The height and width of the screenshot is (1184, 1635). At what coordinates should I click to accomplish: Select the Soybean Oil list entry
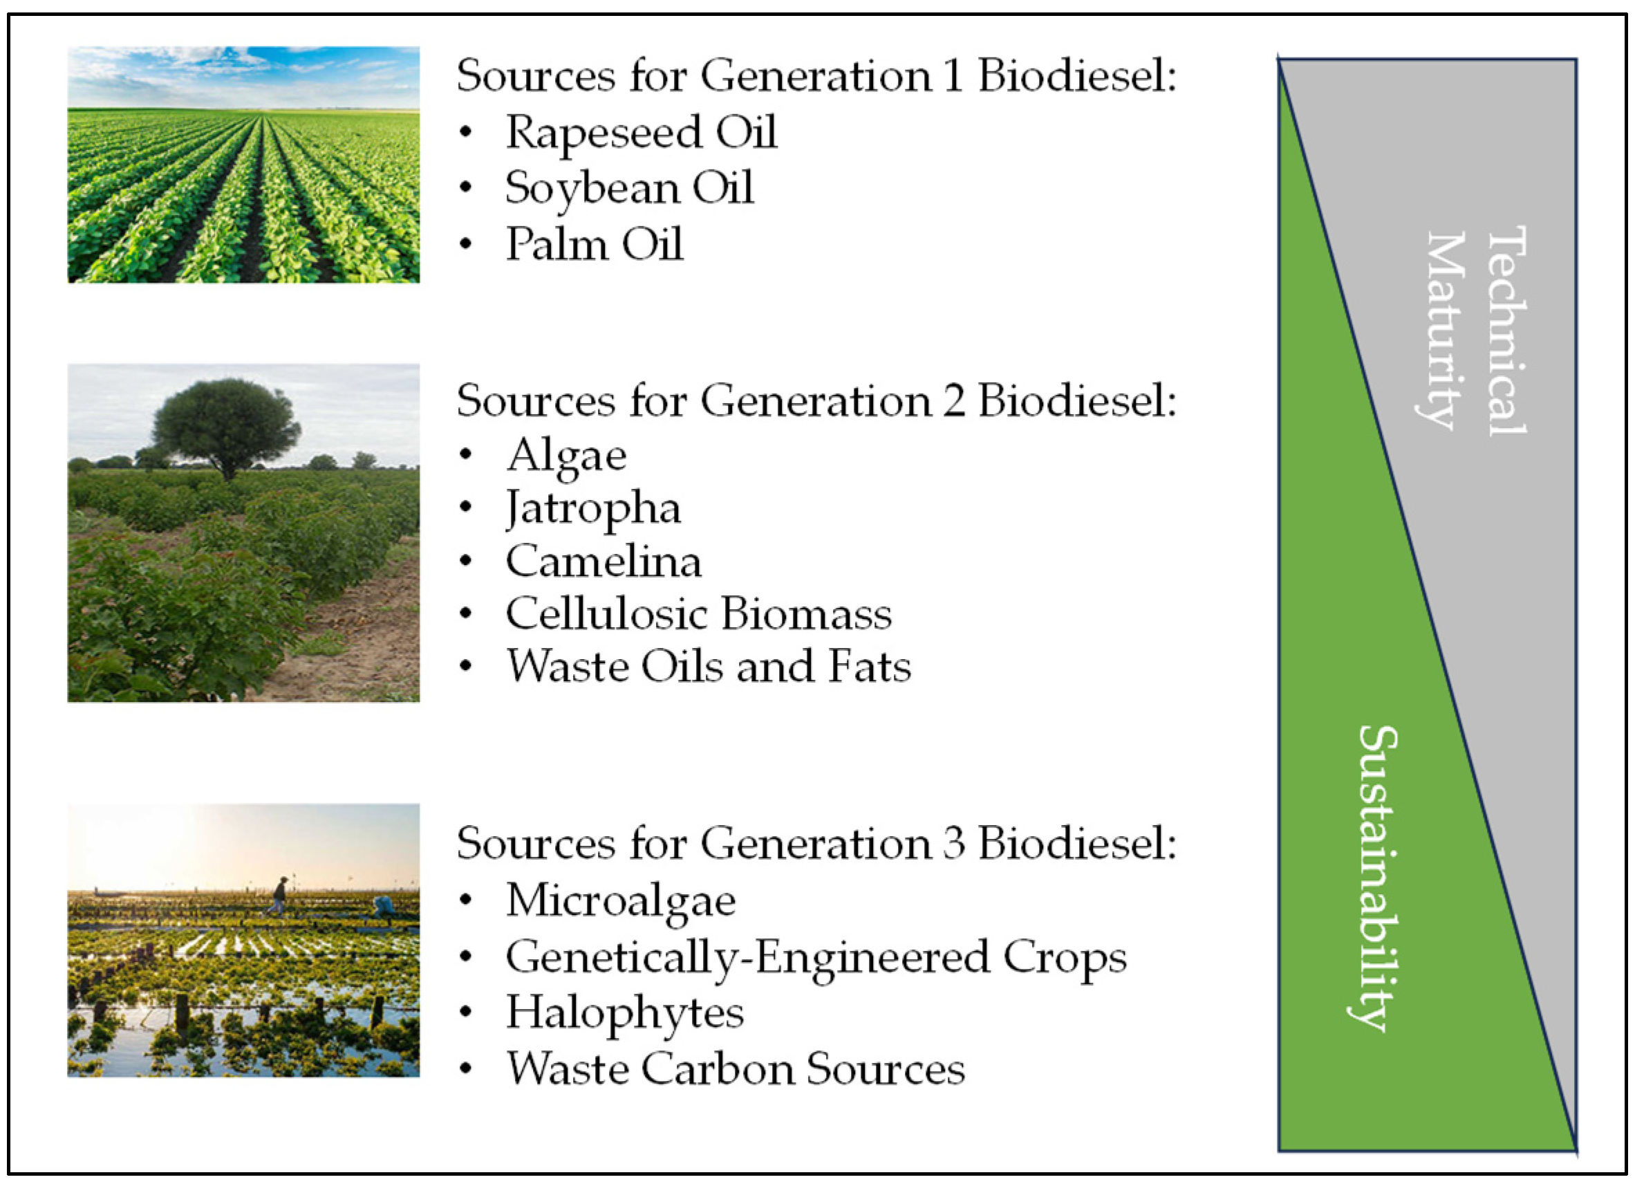coord(629,189)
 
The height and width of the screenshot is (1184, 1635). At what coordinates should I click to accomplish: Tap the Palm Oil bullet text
coord(594,244)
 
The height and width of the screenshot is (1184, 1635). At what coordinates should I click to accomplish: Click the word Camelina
coord(604,562)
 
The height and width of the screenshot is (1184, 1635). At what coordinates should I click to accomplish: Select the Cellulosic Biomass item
coord(698,614)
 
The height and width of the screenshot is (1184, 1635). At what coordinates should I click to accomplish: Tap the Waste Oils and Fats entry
coord(708,667)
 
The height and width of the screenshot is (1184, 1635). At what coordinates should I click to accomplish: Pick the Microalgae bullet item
coord(621,902)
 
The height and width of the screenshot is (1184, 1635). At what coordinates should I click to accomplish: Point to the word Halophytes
coord(624,1014)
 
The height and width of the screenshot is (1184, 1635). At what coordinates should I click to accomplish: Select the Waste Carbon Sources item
coord(736,1069)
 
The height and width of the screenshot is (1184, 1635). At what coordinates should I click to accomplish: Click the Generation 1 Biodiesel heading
coord(816,75)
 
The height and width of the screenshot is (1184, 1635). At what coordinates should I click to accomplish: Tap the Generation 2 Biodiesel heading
coord(816,401)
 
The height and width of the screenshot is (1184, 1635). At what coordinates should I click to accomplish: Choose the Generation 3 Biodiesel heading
coord(816,844)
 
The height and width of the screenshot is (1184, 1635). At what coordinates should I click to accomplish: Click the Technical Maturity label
coord(1477,331)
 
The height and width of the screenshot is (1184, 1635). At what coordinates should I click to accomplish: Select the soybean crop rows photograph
coord(243,165)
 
